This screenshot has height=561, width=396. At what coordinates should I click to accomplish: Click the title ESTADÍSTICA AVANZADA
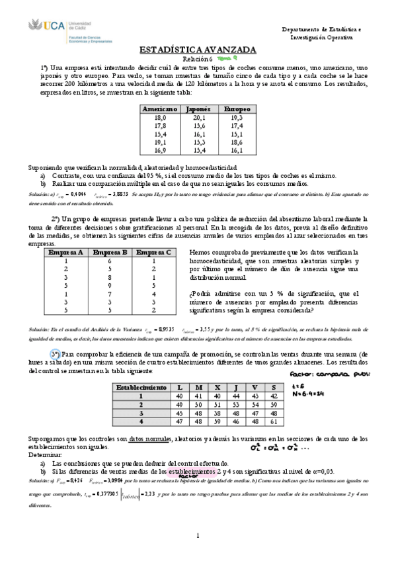(x=198, y=50)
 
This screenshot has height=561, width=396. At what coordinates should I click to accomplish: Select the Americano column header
(x=159, y=108)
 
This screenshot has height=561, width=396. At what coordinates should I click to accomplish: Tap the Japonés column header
(x=198, y=108)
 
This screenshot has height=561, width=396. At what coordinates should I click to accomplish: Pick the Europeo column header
(x=236, y=108)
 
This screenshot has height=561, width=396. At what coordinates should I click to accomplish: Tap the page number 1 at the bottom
(x=198, y=535)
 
